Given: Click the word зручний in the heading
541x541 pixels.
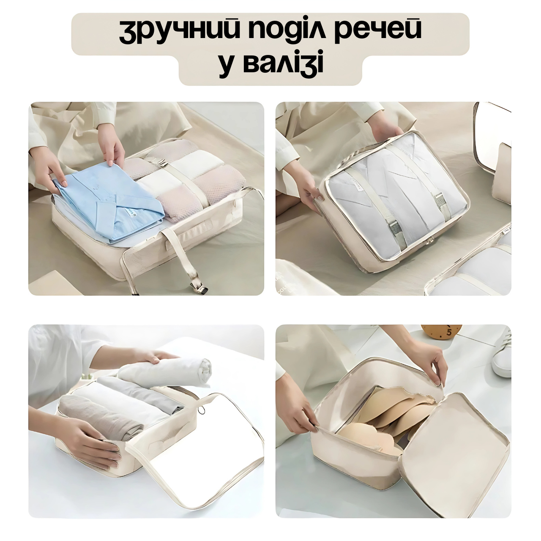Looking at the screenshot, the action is click(x=180, y=33).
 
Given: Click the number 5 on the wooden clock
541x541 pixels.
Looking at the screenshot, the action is click(x=448, y=333).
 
